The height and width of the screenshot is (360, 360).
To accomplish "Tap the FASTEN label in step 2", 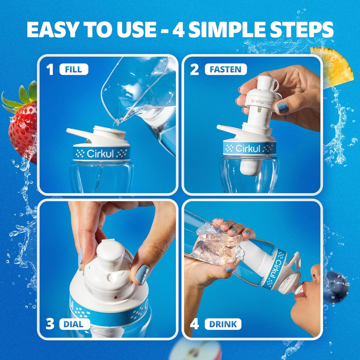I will click(225, 69).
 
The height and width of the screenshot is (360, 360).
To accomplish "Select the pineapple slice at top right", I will click(332, 67).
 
